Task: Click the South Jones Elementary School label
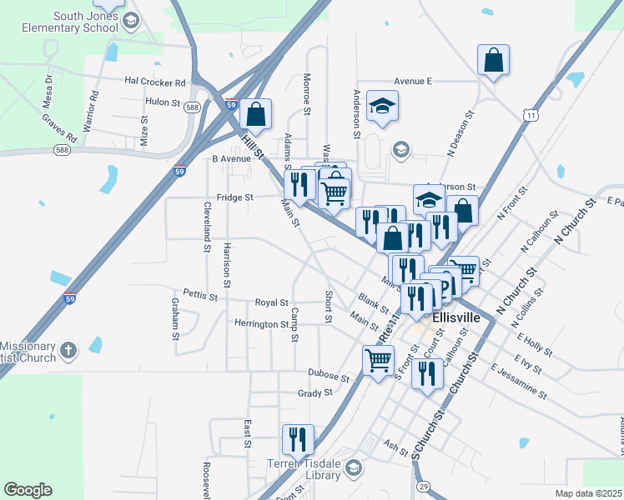tap(73, 22)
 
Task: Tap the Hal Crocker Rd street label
tap(154, 82)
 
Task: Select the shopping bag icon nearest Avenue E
tap(494, 61)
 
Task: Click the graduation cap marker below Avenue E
tap(383, 107)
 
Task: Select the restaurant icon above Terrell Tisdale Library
tap(297, 438)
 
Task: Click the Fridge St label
tap(234, 197)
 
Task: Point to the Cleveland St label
tap(205, 226)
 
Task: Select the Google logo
tap(28, 489)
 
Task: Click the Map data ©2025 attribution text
tap(588, 493)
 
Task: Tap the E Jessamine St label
tap(518, 381)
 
